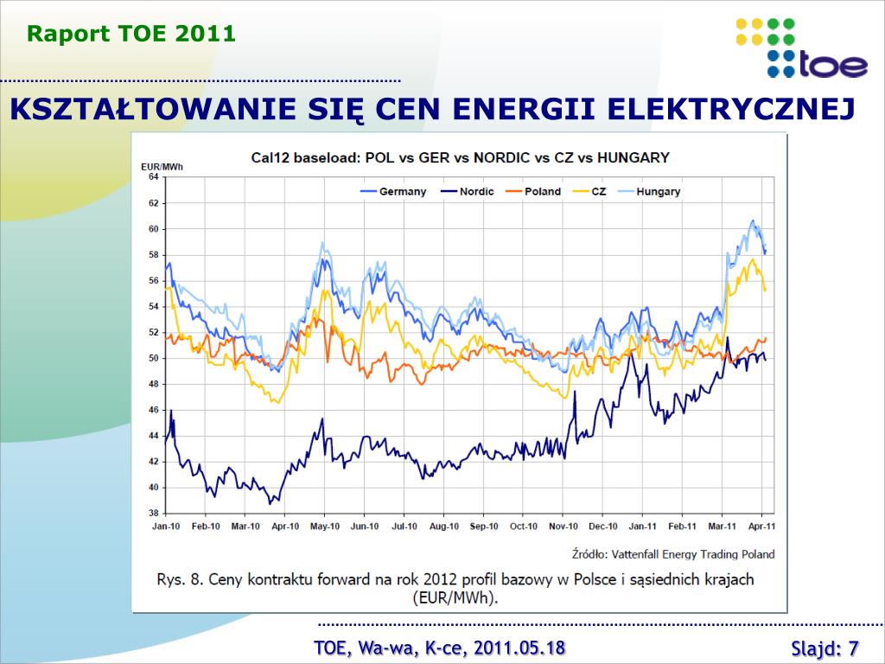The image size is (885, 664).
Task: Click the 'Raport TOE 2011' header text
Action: click(131, 34)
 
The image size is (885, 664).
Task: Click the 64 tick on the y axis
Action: click(153, 176)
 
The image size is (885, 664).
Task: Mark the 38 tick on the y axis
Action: click(153, 513)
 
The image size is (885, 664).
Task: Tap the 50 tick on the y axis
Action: click(153, 358)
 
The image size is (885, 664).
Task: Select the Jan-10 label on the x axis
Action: click(166, 526)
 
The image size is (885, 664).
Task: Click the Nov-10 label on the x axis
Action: click(563, 526)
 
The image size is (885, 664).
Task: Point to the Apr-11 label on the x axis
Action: click(761, 526)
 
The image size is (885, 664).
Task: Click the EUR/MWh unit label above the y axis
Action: click(162, 164)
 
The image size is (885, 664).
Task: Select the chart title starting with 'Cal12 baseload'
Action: click(460, 157)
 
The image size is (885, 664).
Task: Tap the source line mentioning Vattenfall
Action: click(672, 554)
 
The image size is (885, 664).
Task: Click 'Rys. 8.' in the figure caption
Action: click(181, 579)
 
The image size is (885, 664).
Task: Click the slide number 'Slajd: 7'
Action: click(825, 648)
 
